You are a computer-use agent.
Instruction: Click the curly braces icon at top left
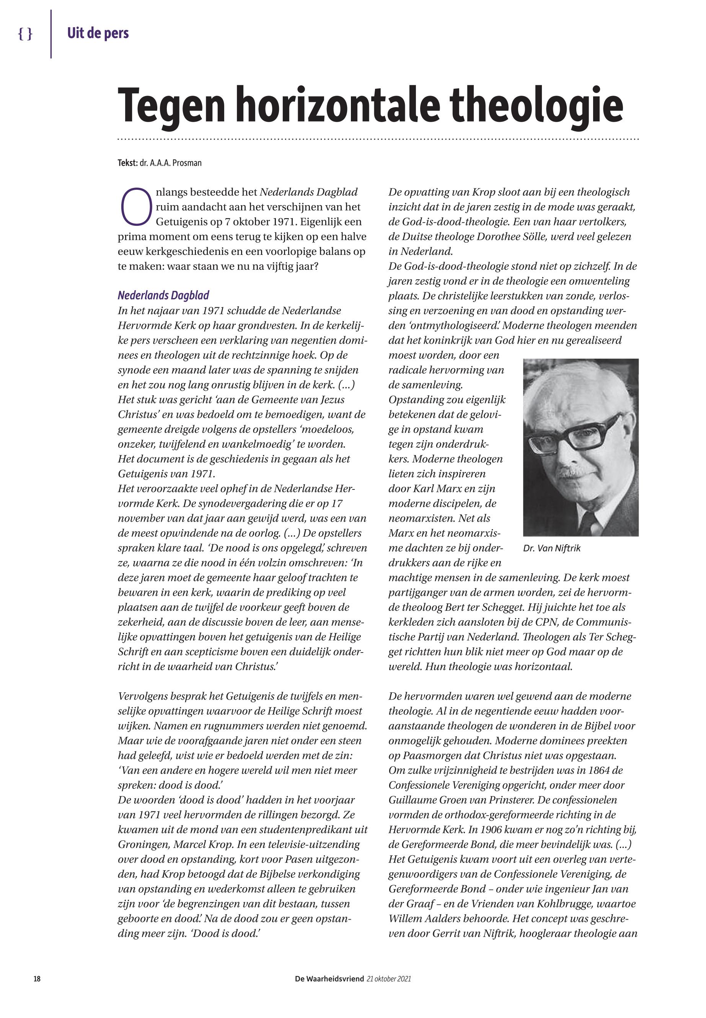[x=25, y=34]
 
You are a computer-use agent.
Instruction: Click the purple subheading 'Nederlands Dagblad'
[x=163, y=295]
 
